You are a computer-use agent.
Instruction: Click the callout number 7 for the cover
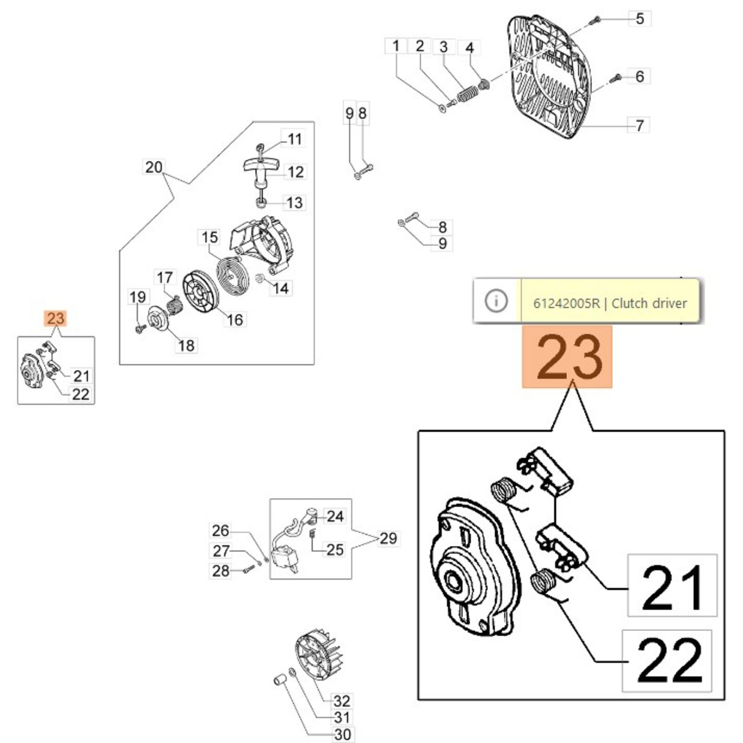tap(639, 125)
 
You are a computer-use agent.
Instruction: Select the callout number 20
tap(154, 167)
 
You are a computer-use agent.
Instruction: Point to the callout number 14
tap(280, 288)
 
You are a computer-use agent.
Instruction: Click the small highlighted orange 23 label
tap(56, 319)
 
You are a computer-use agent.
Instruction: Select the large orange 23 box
tap(567, 357)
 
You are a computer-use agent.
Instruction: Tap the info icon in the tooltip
tap(496, 301)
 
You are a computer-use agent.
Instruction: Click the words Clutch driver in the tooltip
tap(649, 304)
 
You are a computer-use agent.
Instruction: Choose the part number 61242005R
tap(566, 304)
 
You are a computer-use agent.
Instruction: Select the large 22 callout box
tap(667, 660)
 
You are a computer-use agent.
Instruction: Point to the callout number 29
tap(388, 538)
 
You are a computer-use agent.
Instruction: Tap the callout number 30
tap(343, 734)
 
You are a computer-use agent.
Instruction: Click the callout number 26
tap(221, 530)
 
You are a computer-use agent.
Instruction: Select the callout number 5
tap(639, 19)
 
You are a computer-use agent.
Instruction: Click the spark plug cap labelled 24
tap(310, 513)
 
